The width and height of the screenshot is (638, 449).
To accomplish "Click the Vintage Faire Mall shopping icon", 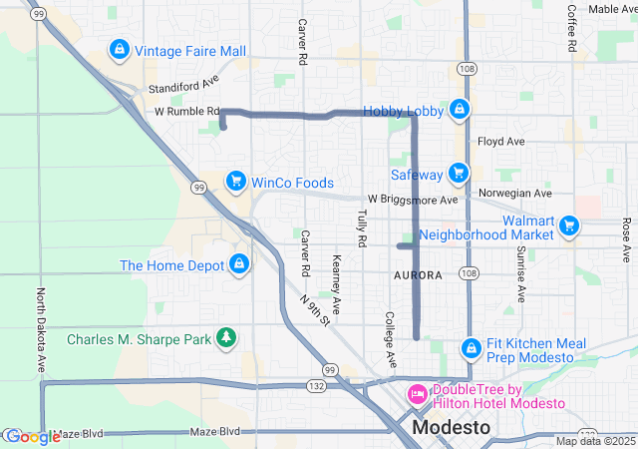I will [x=119, y=49].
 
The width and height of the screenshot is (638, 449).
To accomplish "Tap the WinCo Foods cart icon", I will [x=236, y=181].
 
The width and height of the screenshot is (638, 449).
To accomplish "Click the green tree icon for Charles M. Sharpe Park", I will [x=227, y=338].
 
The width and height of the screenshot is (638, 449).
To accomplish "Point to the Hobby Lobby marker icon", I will [x=459, y=109].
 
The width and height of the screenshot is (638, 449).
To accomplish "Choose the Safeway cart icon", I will [x=458, y=174].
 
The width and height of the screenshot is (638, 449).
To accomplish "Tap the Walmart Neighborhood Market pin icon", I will [x=569, y=225].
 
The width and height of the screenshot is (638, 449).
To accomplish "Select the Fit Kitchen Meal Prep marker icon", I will [x=472, y=348].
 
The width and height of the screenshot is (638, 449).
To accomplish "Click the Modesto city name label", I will [x=452, y=427].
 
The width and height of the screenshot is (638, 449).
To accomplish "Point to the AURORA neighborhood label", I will [x=418, y=274].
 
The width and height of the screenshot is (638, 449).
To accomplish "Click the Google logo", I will [x=32, y=436].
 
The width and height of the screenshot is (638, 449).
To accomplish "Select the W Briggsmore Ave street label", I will [x=412, y=200].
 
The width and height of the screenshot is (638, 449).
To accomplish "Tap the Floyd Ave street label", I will [x=500, y=142].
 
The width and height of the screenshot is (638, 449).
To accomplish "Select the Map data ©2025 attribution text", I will [x=594, y=441].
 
